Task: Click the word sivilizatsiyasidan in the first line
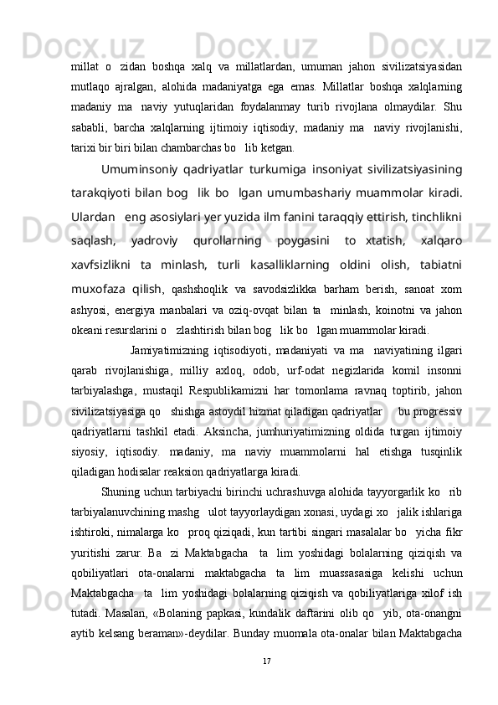pyautogui.click(x=418, y=64)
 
